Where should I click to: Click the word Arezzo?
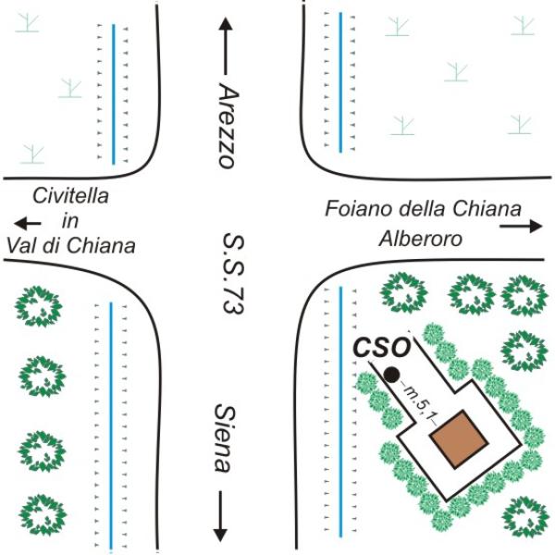tap(228, 126)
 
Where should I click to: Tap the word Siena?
tap(225, 438)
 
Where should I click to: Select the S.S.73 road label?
tap(233, 273)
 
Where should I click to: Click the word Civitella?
tap(70, 196)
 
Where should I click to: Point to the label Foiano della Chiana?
tap(423, 208)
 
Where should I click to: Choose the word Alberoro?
tap(421, 239)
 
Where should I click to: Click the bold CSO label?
tap(381, 347)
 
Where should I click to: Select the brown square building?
tap(459, 438)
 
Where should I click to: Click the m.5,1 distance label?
tap(419, 401)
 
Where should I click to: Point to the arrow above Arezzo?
tap(225, 46)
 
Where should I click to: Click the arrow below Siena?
tap(220, 516)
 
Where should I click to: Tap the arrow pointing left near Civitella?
tap(28, 223)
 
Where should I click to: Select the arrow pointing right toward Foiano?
tap(521, 226)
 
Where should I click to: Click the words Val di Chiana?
tap(71, 246)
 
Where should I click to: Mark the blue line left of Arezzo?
tap(114, 94)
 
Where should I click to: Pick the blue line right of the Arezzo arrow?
tap(340, 82)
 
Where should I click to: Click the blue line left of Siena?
tap(111, 425)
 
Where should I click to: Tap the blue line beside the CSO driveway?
tap(341, 412)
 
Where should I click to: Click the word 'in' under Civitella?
tap(70, 221)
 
